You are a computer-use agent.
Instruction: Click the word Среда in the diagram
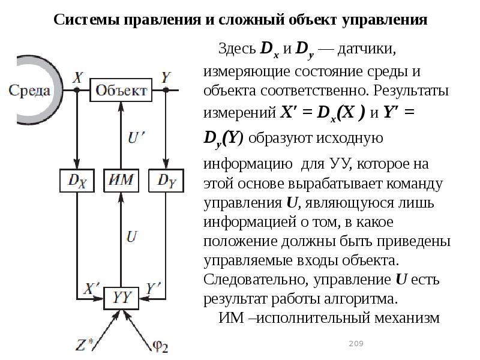coord(29,91)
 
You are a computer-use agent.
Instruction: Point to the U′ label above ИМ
coord(136,137)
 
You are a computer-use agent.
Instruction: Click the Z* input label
coord(84,345)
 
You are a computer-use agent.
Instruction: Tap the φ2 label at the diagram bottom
coord(160,346)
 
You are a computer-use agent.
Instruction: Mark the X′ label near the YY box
coord(92,289)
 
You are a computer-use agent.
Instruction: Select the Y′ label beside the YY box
coord(153,289)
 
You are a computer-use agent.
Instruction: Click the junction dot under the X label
coord(77,90)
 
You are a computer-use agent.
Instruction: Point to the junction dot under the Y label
coord(166,90)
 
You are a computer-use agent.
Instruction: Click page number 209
coord(356,343)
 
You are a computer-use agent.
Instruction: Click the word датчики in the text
coord(367,49)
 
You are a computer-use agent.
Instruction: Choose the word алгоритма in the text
coord(361,299)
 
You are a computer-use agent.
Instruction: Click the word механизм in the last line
coord(407,318)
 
